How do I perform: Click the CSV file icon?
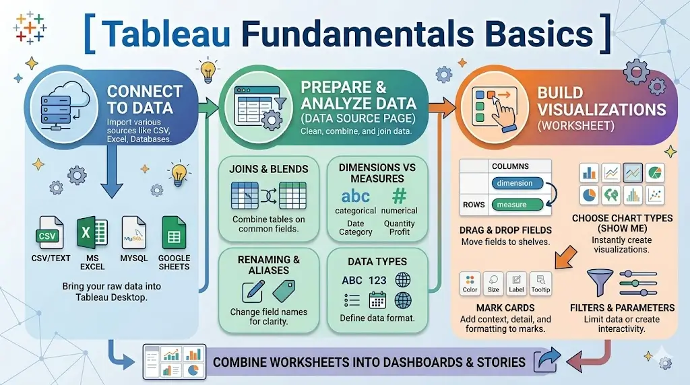point(50,233)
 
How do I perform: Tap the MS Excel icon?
point(92,233)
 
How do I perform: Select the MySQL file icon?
point(134,233)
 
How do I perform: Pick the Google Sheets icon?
point(174,233)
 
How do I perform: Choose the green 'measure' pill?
point(517,205)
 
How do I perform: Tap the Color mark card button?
point(470,284)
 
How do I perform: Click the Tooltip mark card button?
point(540,284)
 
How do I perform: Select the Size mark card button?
point(493,284)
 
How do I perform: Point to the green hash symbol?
point(399,195)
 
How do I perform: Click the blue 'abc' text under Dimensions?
point(356,196)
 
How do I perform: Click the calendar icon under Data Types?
point(377,301)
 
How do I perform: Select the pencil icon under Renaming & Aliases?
point(253,291)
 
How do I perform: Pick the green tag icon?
point(284,291)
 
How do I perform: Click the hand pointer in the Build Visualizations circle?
point(505,114)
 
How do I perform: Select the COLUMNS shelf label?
point(511,166)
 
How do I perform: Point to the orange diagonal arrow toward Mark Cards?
point(566,258)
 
